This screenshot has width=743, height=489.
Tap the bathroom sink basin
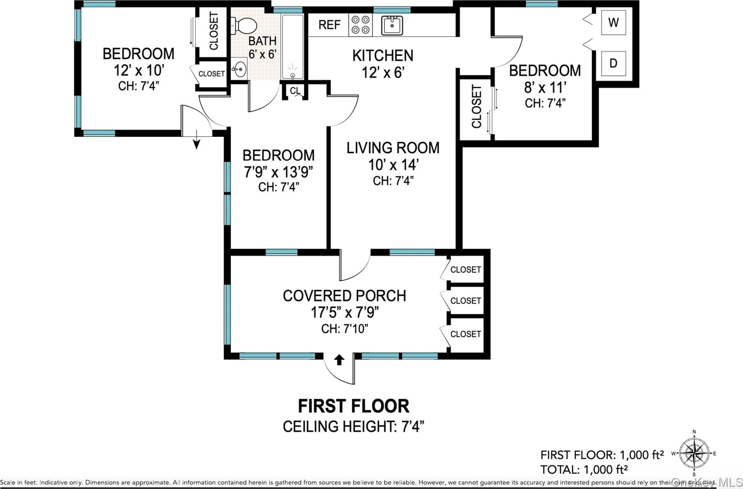point(239,69)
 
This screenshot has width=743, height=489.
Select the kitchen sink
point(392,25)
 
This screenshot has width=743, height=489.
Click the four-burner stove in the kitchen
point(360,25)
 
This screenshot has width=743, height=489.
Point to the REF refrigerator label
point(329,25)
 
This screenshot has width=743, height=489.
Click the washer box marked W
point(613,23)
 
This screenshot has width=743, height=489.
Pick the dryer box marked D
point(613,63)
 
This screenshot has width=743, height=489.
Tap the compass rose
point(694,453)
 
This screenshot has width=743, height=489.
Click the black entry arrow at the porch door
point(339,360)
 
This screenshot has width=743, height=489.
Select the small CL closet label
point(295,91)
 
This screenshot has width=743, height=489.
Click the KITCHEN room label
point(383,56)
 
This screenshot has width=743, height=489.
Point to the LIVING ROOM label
point(393,148)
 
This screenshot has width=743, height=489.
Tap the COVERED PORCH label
point(344,296)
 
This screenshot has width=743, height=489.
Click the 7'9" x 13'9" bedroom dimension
point(278,172)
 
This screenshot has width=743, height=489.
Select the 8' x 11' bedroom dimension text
point(545,88)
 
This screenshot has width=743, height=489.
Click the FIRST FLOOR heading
point(353,406)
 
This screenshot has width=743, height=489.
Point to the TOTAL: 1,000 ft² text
point(584,470)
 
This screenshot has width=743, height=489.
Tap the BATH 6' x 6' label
point(262,47)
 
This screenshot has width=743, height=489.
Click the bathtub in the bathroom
point(293,47)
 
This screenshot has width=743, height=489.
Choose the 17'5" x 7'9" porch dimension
point(345,312)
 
